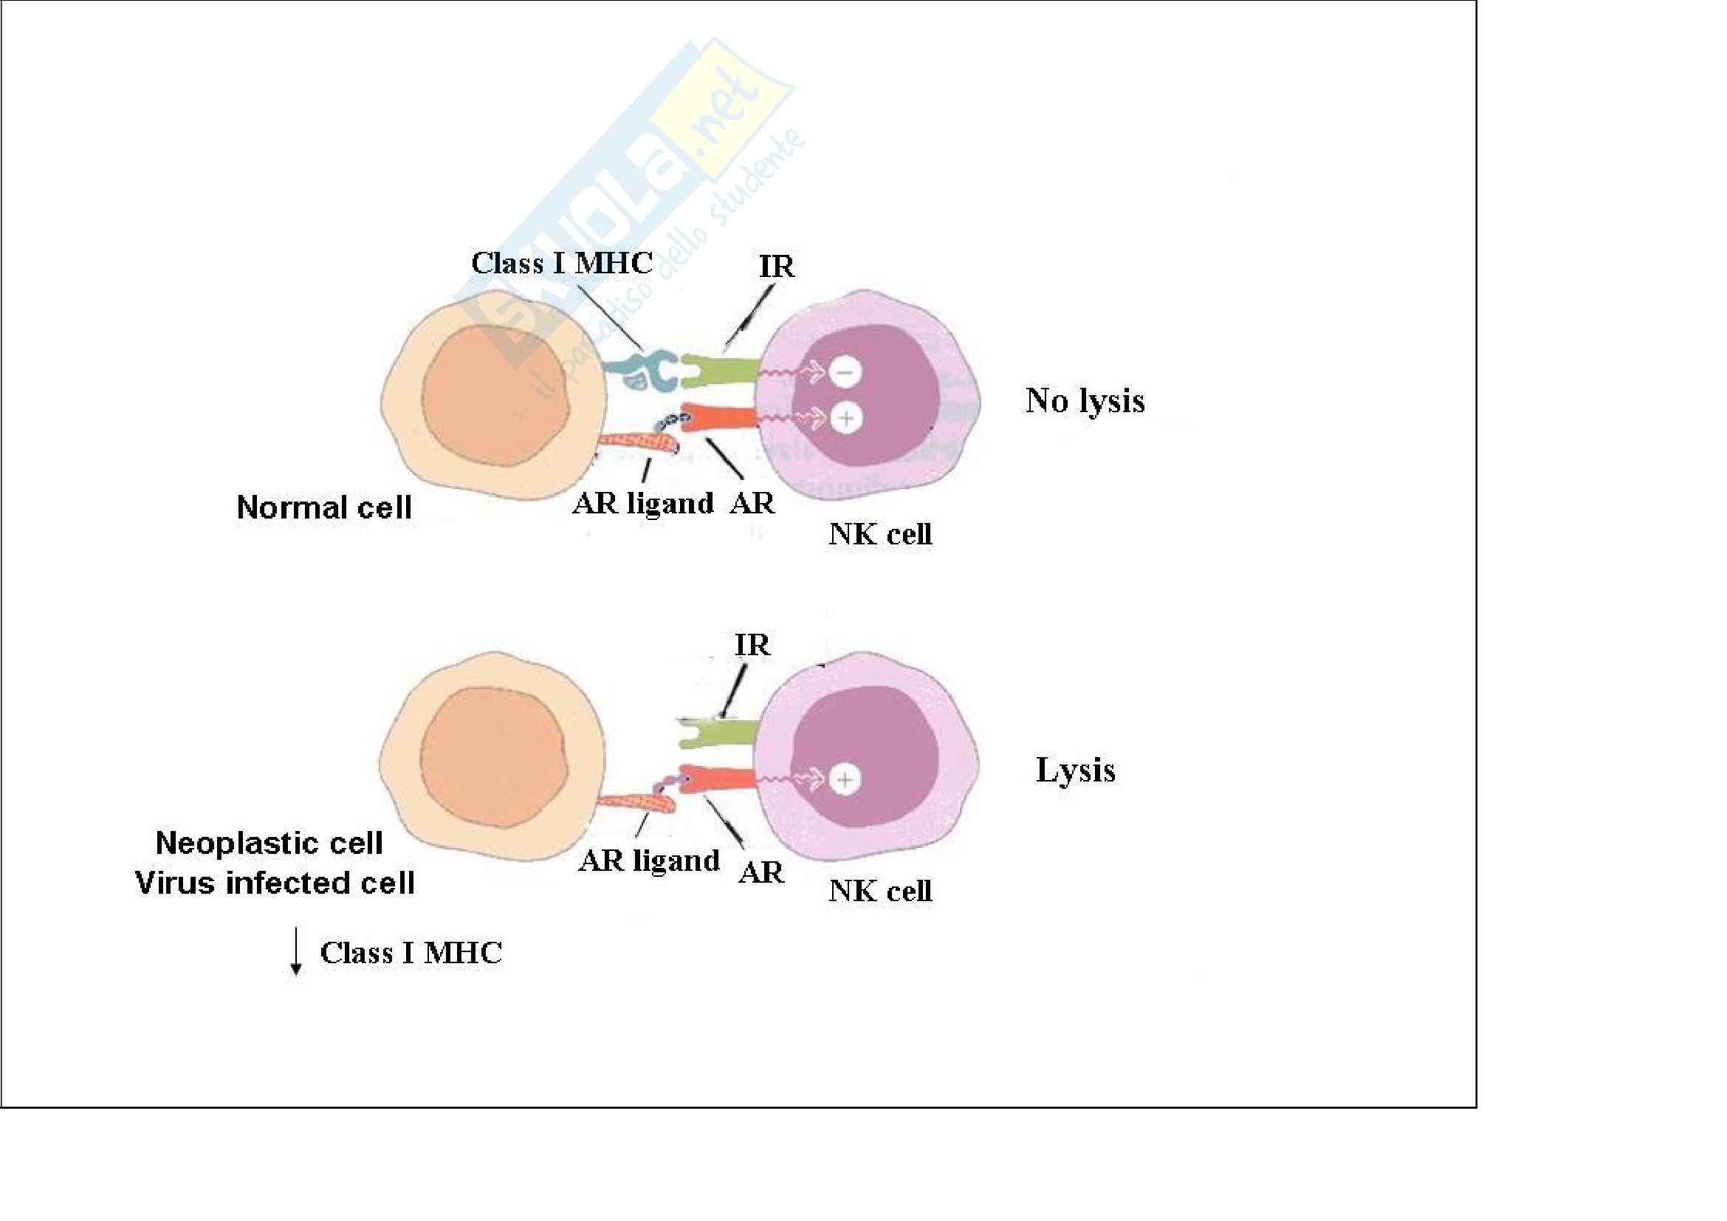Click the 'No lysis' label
click(1085, 401)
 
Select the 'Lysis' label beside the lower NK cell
click(1075, 770)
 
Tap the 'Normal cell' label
click(324, 507)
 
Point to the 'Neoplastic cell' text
click(269, 843)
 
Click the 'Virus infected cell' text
click(275, 883)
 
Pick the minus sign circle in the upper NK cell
click(845, 372)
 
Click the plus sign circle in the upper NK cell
click(846, 417)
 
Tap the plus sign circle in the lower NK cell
click(845, 779)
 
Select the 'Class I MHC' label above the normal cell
click(562, 262)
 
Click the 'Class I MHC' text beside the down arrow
click(411, 952)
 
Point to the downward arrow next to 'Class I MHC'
click(296, 952)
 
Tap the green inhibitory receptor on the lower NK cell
click(718, 733)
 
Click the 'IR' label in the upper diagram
click(776, 267)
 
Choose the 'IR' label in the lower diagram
click(752, 645)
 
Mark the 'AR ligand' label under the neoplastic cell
click(649, 860)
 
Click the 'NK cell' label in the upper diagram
click(880, 534)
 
